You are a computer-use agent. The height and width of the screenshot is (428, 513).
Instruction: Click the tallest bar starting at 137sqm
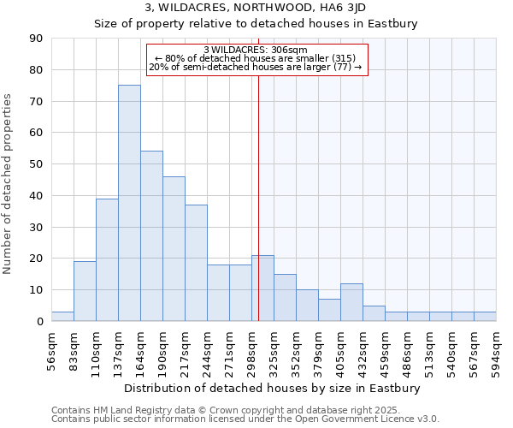point(129,203)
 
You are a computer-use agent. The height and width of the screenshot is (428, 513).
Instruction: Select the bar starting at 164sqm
point(151,236)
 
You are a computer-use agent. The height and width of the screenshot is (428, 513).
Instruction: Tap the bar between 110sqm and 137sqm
point(107,259)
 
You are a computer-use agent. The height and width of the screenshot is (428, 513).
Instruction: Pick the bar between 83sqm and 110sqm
point(85,291)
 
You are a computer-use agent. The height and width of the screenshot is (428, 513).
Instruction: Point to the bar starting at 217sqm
point(196,263)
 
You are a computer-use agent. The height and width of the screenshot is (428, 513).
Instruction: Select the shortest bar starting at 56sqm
point(62,316)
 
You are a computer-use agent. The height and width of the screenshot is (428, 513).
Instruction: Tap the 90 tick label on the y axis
point(36,39)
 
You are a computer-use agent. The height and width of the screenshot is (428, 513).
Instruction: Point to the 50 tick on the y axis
point(36,164)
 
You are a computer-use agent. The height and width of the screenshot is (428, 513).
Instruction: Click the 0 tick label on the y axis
point(39,321)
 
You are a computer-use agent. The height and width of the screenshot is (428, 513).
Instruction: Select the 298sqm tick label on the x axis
point(252,347)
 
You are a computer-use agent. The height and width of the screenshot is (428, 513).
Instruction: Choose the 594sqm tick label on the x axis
point(497,347)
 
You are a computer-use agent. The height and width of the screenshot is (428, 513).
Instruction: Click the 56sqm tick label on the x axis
point(52,347)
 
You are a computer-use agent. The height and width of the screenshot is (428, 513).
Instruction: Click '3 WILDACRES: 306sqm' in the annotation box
point(256,50)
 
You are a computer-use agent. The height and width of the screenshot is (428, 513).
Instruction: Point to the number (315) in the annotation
point(338,58)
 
